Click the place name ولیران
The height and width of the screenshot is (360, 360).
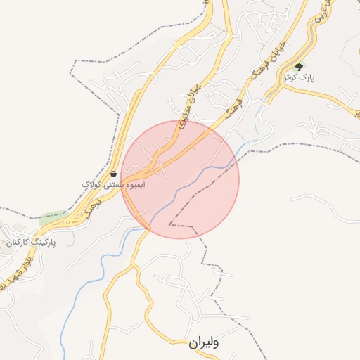(x=205, y=343)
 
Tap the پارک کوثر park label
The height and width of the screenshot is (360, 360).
(x=297, y=78)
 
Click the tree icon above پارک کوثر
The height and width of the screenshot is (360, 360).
(x=299, y=67)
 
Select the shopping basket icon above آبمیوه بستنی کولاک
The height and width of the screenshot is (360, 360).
(x=113, y=173)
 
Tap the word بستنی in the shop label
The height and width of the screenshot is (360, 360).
(x=113, y=184)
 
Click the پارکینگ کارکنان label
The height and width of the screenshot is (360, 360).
(x=30, y=242)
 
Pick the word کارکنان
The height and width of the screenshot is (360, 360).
(x=18, y=242)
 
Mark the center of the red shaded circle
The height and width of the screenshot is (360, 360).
(x=180, y=179)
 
